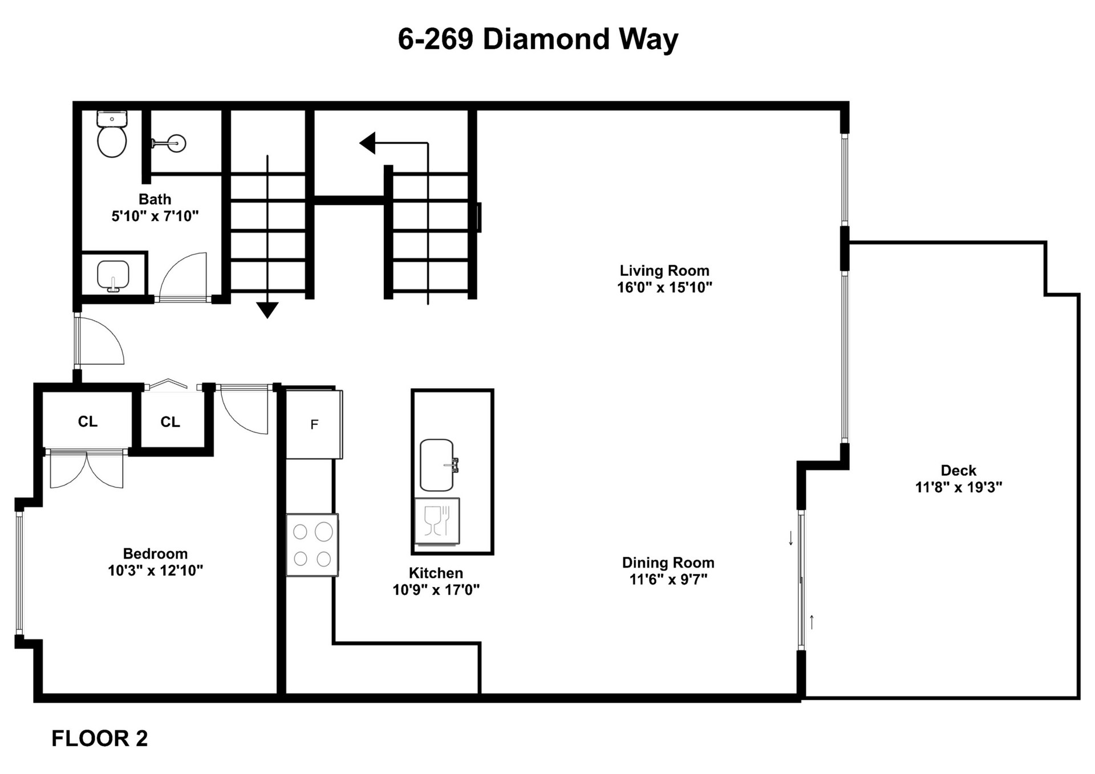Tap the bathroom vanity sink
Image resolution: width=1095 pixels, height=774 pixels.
(x=113, y=275)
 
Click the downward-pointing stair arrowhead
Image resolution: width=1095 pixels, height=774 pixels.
(x=267, y=309)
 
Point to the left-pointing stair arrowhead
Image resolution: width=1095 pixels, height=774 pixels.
(x=368, y=143)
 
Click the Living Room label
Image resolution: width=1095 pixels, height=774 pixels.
(x=664, y=271)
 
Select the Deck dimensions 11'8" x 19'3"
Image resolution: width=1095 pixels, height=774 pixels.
(x=958, y=487)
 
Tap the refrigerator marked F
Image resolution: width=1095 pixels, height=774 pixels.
(x=314, y=424)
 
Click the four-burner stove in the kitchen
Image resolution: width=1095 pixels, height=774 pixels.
(x=312, y=545)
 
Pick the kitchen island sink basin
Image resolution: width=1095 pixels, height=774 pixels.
(x=436, y=465)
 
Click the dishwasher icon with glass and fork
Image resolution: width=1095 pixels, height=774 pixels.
(x=437, y=521)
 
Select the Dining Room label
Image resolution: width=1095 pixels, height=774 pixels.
(x=668, y=563)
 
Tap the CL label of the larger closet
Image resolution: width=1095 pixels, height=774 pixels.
(x=87, y=421)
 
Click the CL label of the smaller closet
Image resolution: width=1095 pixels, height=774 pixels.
(x=170, y=422)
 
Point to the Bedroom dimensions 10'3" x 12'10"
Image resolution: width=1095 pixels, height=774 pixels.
(x=155, y=570)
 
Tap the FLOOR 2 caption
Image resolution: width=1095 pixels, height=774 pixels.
(x=100, y=738)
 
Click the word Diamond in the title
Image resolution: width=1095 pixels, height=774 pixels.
(x=546, y=39)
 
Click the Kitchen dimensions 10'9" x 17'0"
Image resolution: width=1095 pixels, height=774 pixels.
(x=436, y=589)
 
